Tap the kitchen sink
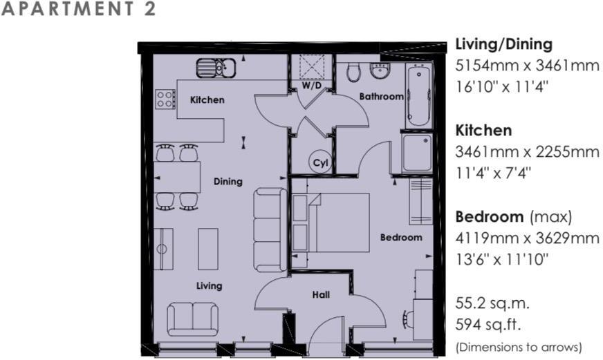click(x=216, y=68)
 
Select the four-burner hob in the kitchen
click(x=165, y=99)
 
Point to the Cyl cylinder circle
click(x=319, y=162)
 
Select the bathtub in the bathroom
click(x=418, y=95)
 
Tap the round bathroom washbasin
click(x=379, y=70)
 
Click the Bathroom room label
click(x=381, y=97)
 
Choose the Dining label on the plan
click(x=228, y=182)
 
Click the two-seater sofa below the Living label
click(x=192, y=319)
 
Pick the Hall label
click(x=321, y=295)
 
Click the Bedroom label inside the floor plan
click(x=401, y=237)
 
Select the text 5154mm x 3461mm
click(x=526, y=67)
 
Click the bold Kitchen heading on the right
click(x=483, y=130)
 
